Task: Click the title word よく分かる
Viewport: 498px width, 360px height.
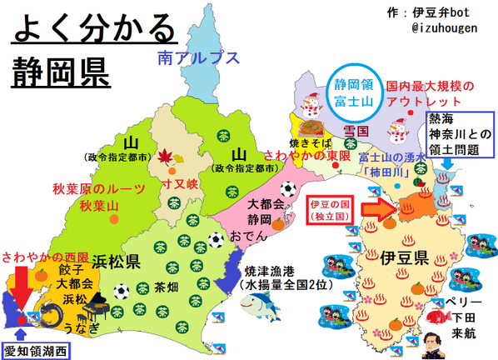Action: tap(93, 31)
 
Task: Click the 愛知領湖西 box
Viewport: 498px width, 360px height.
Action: tap(36, 349)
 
